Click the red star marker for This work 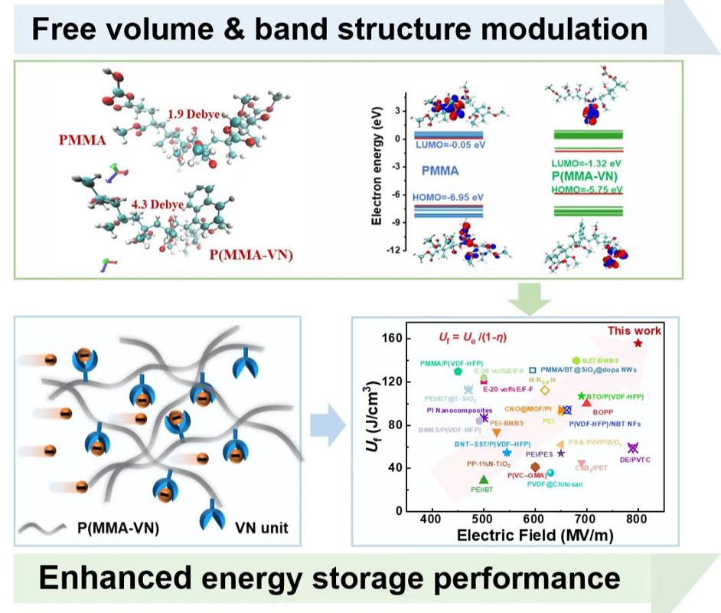(638, 343)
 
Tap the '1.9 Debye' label (194, 114)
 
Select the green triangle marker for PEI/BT (483, 480)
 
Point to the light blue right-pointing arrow (327, 428)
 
